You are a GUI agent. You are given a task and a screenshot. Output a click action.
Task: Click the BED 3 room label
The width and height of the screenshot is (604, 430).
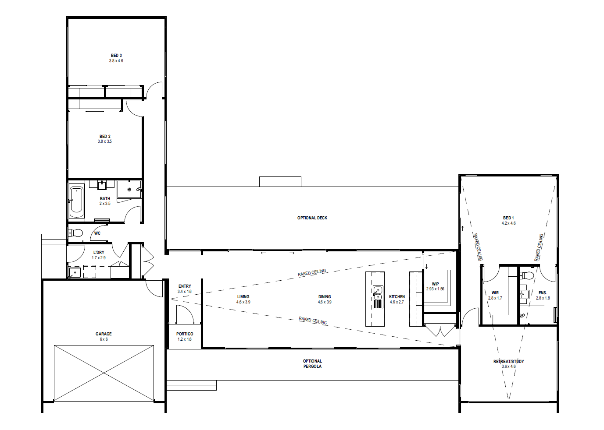click(116, 56)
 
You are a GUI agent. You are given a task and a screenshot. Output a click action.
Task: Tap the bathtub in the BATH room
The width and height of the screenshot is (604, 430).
click(76, 201)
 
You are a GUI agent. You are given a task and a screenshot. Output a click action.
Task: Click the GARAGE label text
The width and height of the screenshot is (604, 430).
click(104, 334)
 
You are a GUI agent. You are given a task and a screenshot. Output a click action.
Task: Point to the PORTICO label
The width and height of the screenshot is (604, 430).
click(185, 334)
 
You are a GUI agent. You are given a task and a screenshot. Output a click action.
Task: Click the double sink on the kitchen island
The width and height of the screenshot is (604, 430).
click(378, 293)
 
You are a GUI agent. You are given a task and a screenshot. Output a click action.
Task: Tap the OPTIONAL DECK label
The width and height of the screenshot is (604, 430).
click(312, 218)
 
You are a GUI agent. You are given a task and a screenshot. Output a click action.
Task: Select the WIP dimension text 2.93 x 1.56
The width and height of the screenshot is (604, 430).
click(435, 289)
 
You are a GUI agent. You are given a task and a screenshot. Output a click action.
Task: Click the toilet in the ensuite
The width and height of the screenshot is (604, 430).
click(527, 275)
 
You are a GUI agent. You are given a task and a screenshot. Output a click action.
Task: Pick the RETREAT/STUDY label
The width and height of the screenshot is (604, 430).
click(508, 361)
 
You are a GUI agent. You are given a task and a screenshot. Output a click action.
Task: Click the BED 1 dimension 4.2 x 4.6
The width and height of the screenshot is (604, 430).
click(508, 223)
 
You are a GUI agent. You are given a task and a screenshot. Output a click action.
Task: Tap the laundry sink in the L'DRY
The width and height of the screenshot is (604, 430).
click(75, 272)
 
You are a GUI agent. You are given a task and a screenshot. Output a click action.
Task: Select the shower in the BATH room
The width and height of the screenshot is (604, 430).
click(129, 189)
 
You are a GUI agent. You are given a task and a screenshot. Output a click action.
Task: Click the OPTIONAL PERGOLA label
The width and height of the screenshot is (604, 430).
click(312, 364)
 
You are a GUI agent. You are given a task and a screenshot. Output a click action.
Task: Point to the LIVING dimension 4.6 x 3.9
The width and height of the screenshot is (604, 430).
click(243, 302)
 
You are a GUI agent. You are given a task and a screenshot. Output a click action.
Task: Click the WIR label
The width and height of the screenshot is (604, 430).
click(495, 293)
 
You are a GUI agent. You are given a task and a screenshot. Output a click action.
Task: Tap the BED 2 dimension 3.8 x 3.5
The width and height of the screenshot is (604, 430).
click(105, 141)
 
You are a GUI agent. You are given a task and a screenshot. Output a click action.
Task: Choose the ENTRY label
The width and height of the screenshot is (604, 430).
click(185, 286)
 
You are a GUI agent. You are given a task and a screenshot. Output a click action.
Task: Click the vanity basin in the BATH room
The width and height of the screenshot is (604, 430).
click(102, 185)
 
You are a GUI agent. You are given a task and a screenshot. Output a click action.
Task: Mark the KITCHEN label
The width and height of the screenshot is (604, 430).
click(397, 297)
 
